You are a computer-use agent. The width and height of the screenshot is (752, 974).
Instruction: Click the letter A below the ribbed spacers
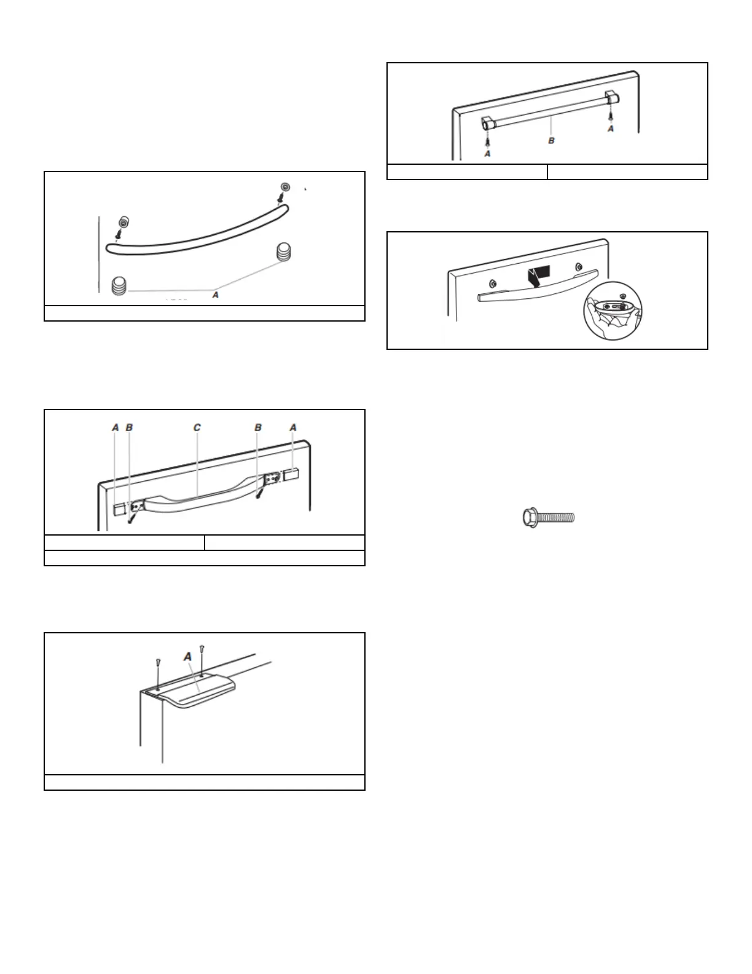[214, 295]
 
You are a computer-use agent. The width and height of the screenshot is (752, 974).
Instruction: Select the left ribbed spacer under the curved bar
[120, 285]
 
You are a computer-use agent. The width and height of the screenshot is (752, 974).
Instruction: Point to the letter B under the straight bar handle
[551, 141]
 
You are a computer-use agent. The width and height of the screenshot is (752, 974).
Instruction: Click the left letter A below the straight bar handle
[487, 153]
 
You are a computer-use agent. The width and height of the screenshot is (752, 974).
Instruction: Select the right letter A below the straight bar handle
[610, 129]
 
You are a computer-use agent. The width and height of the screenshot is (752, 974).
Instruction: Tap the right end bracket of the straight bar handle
[611, 97]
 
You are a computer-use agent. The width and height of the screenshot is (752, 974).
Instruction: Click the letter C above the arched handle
[197, 427]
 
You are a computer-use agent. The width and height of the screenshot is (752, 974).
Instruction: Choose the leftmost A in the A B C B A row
[115, 427]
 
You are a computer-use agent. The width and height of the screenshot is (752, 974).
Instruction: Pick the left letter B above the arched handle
[129, 427]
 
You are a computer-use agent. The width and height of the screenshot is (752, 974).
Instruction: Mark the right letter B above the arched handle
[259, 427]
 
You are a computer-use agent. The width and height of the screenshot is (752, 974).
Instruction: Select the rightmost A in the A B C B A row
[293, 427]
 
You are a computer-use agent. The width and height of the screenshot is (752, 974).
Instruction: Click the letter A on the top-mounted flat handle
[188, 657]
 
